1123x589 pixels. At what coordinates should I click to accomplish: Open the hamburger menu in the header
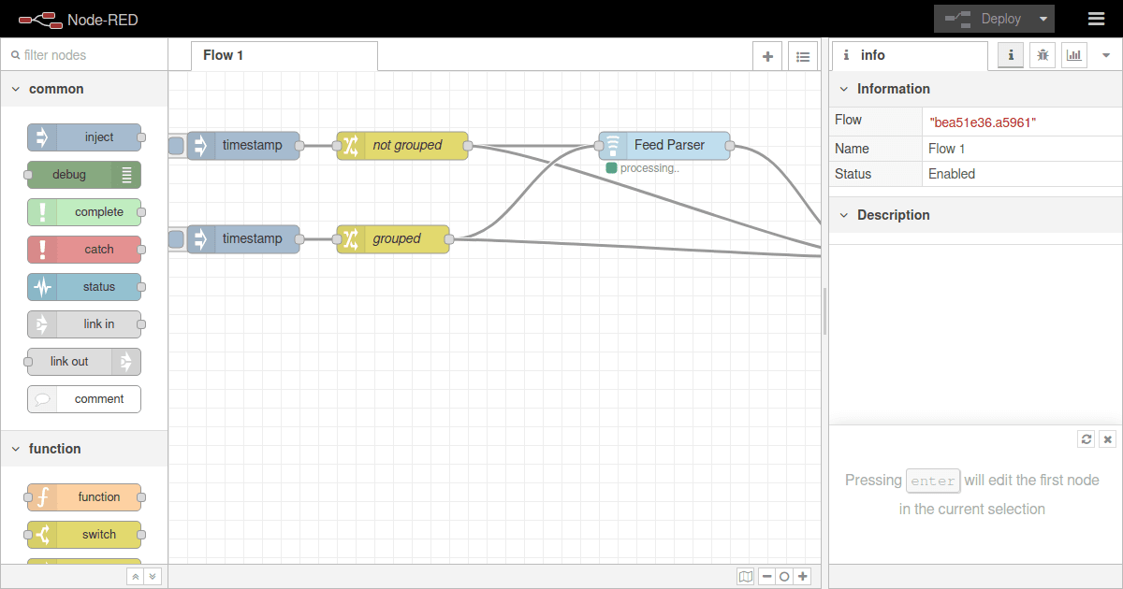[1096, 19]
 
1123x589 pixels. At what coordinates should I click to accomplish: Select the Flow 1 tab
[224, 55]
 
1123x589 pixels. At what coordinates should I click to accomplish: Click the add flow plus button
[767, 56]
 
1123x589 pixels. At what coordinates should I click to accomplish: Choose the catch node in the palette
[84, 250]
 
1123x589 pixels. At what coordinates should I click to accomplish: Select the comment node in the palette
[84, 399]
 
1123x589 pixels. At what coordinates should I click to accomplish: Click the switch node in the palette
[84, 535]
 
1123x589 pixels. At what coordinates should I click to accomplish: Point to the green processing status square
[611, 168]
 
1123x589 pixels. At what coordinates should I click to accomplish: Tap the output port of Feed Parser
[730, 146]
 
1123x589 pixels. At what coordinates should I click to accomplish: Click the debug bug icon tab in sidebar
[1043, 56]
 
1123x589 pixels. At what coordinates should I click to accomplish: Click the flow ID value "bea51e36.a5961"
[982, 122]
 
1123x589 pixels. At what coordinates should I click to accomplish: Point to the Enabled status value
[952, 174]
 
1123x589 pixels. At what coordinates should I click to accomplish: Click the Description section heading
[893, 215]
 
